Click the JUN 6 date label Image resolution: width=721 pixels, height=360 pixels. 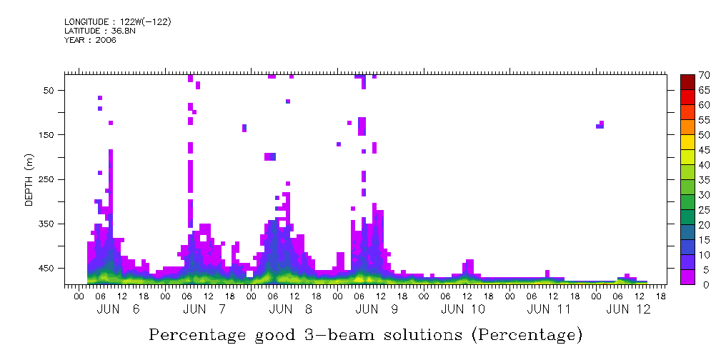click(x=118, y=309)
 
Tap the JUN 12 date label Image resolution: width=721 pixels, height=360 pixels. click(x=629, y=309)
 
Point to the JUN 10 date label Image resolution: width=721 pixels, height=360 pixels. click(x=463, y=309)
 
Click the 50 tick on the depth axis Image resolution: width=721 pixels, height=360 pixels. click(x=49, y=90)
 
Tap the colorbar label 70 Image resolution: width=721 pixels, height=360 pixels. click(x=704, y=75)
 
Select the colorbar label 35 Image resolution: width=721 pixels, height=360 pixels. click(x=704, y=180)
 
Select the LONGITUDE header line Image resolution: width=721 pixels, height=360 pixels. click(x=117, y=22)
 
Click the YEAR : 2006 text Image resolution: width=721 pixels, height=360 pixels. click(x=90, y=40)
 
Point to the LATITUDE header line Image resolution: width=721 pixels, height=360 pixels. click(x=99, y=31)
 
